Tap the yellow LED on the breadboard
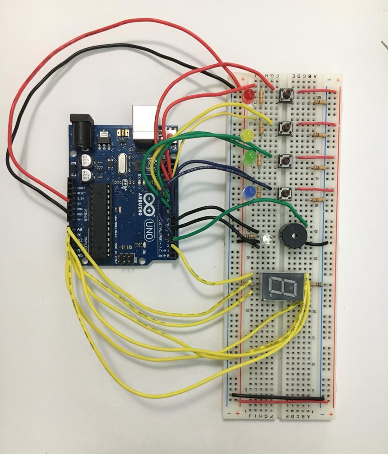point(247,134)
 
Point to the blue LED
point(250,192)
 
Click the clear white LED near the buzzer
point(267,239)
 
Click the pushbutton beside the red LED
point(286,94)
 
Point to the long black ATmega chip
point(101,219)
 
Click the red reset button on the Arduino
point(170,132)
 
